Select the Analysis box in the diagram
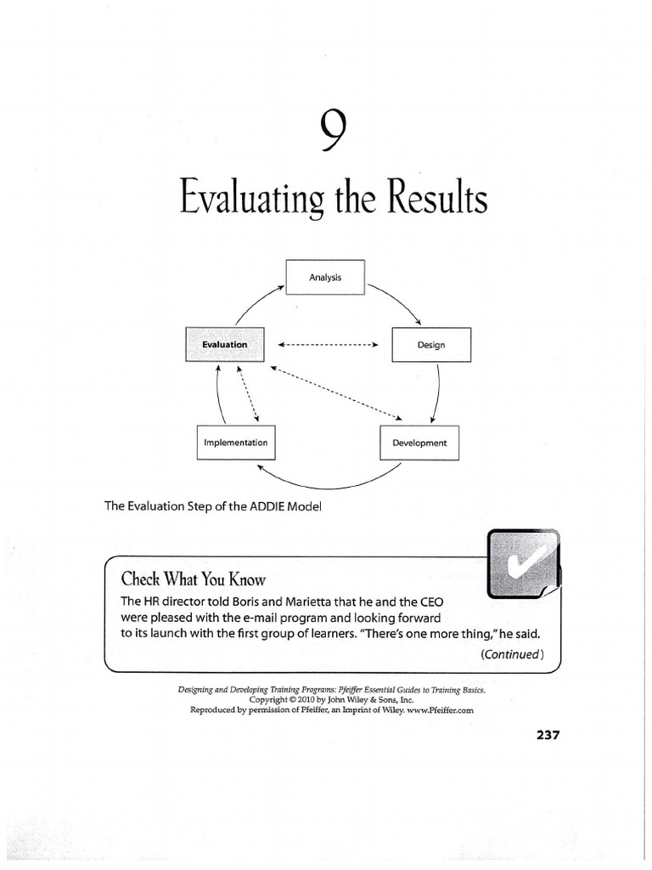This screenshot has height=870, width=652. tap(325, 277)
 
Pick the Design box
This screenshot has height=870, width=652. tap(430, 344)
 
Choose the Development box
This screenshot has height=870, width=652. tap(419, 443)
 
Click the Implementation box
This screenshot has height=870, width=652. tap(235, 443)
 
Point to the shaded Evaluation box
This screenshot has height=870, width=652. tap(224, 344)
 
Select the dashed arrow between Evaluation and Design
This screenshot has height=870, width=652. tap(327, 345)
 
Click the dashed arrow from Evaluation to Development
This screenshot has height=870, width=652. tap(335, 392)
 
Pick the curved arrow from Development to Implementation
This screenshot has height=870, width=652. tap(327, 483)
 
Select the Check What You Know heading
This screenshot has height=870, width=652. tap(193, 580)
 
